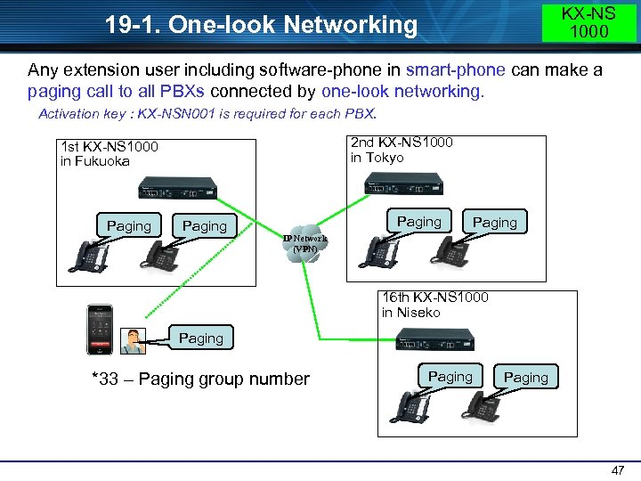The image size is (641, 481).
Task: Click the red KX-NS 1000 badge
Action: [x=589, y=22]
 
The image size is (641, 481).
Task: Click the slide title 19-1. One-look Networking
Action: [x=261, y=25]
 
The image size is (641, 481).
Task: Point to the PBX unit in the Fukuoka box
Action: [x=178, y=188]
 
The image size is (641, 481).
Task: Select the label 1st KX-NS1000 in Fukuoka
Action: [x=108, y=153]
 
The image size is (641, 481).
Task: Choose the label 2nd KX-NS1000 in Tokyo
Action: [x=402, y=150]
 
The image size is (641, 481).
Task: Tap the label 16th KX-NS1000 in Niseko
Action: [x=434, y=305]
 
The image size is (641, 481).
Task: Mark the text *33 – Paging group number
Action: [x=200, y=379]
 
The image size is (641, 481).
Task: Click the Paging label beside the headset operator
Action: [x=200, y=338]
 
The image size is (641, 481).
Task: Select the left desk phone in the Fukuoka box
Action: [x=89, y=255]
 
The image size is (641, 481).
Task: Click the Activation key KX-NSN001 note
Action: [x=207, y=114]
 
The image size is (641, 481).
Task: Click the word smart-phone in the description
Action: [x=456, y=69]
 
